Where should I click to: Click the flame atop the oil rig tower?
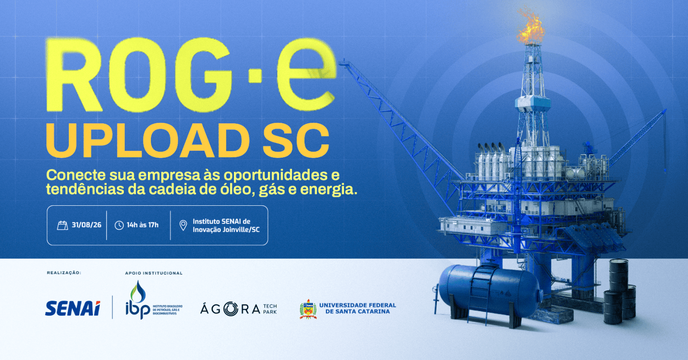tap(530, 26)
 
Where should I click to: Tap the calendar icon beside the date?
tap(62, 225)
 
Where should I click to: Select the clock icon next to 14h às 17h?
tap(119, 225)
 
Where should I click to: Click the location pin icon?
tap(183, 225)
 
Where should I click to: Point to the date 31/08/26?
tap(86, 225)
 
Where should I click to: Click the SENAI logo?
tap(73, 308)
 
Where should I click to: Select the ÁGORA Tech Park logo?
tap(239, 309)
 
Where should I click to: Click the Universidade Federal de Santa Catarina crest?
tap(308, 309)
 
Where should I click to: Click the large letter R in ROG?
tap(74, 75)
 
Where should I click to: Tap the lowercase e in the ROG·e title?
tap(306, 75)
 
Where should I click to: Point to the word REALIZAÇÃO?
tap(64, 273)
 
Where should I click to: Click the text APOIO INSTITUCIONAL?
tap(153, 273)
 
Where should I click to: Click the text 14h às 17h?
tap(143, 225)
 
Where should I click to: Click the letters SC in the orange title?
tap(296, 140)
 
